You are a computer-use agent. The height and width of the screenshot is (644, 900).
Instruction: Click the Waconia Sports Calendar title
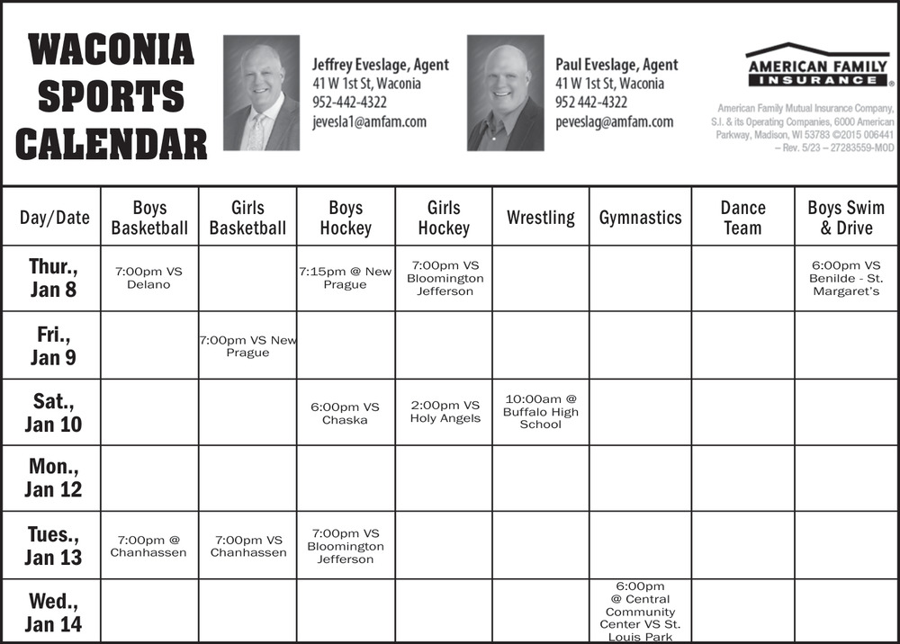point(112,96)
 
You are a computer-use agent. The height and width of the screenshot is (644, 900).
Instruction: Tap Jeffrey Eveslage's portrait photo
point(261,93)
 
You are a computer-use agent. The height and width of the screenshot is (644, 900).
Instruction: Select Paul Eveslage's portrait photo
point(506,93)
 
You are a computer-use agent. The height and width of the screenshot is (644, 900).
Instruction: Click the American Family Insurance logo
point(817,65)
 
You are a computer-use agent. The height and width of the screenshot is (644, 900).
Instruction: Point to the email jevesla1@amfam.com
point(369,121)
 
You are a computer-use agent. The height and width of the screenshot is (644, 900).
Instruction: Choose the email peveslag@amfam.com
point(614,121)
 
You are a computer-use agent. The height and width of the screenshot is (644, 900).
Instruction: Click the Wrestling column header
point(540,218)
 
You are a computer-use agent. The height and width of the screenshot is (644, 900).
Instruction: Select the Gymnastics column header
point(640,218)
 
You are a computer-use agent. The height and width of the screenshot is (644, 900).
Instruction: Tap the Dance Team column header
point(742,218)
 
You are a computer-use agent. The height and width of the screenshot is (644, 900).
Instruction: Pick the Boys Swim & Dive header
point(846,218)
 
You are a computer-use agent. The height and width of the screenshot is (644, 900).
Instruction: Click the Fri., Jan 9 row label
point(52,346)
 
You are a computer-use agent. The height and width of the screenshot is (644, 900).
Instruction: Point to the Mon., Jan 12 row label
point(53,479)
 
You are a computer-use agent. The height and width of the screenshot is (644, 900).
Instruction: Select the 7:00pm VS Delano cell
point(148,278)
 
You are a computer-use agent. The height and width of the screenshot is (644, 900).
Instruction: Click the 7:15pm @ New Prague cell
point(346,278)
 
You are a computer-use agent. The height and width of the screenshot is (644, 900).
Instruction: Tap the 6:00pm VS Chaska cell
point(346,413)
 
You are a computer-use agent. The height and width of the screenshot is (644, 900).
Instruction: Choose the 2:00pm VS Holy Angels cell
point(445,412)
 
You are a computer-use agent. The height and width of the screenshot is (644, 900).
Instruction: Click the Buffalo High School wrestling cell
point(540,412)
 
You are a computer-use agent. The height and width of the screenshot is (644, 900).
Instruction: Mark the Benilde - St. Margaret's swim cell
point(846,278)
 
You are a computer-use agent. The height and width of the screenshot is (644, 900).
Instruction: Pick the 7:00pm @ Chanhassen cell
point(148,546)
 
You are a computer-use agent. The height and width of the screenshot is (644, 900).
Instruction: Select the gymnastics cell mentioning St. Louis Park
point(640,612)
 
